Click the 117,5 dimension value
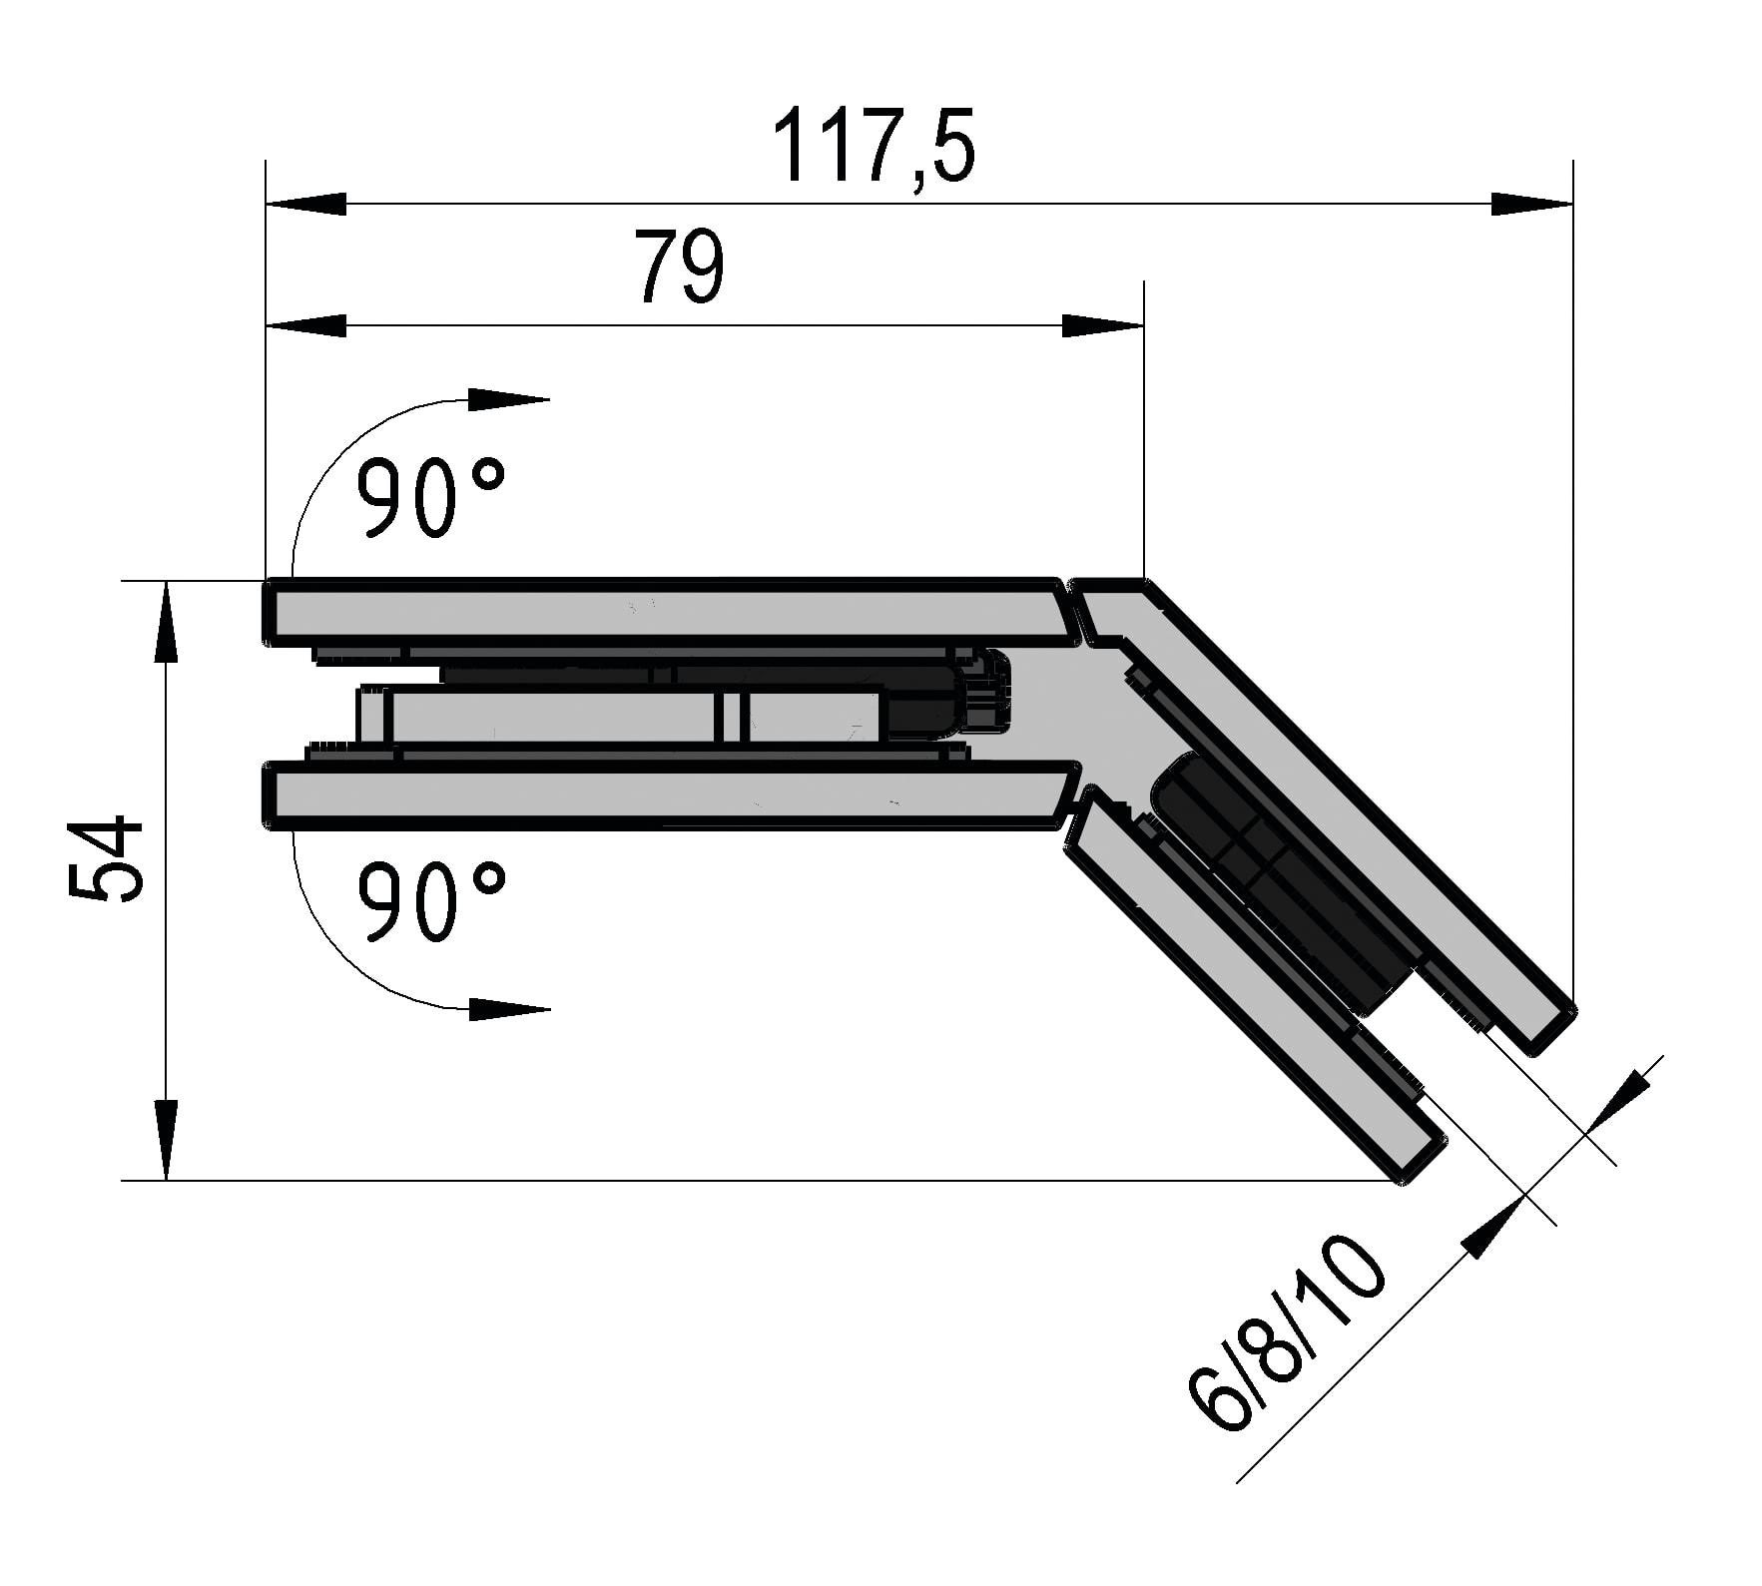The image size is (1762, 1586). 874,146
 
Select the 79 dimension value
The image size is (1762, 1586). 680,266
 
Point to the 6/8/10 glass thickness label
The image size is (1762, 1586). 1287,1331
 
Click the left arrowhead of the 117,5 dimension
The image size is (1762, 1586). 305,204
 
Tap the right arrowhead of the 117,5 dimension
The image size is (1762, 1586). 1532,204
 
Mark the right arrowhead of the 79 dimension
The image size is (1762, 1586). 1103,325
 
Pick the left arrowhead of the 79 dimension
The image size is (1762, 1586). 305,325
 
